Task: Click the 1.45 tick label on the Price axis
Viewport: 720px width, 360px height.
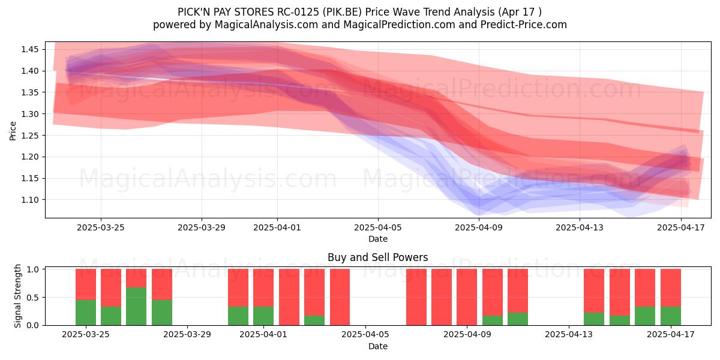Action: click(x=30, y=49)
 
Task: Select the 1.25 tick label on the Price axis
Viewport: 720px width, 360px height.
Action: click(x=30, y=136)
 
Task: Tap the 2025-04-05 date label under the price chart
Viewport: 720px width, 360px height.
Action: click(x=378, y=227)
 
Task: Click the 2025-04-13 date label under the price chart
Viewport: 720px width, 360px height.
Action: click(x=580, y=227)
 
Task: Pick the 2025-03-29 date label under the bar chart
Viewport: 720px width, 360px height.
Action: click(x=187, y=334)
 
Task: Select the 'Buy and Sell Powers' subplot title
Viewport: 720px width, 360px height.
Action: click(x=377, y=257)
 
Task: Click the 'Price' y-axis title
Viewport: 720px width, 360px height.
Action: click(x=13, y=131)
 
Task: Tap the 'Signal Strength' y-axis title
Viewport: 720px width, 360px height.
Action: click(x=17, y=296)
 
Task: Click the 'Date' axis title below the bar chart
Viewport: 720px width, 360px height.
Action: click(x=378, y=346)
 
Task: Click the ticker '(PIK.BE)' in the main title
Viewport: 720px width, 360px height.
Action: click(x=343, y=12)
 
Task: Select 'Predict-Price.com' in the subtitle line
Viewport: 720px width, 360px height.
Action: click(x=524, y=25)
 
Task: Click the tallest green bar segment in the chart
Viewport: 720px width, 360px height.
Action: click(x=136, y=307)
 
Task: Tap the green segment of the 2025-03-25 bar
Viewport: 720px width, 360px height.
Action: click(x=86, y=313)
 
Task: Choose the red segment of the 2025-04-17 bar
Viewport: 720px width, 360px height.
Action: click(x=671, y=287)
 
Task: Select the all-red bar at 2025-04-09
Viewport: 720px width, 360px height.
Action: click(x=467, y=297)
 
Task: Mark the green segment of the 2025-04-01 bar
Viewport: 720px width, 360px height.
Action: click(x=263, y=316)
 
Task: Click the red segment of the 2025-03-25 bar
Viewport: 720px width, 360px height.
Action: click(x=86, y=284)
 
